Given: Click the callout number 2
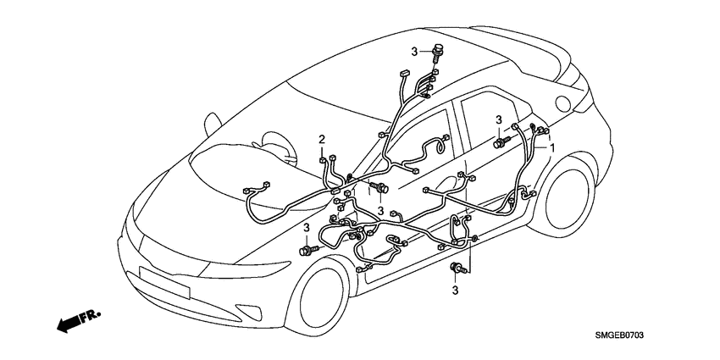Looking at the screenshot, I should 322,139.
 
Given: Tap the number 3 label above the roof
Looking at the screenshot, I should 416,52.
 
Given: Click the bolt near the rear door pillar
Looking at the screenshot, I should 501,143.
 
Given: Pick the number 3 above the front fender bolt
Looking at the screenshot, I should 306,227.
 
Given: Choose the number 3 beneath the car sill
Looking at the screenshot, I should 455,291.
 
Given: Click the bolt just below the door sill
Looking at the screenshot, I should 457,269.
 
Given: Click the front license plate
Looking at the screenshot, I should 164,281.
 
